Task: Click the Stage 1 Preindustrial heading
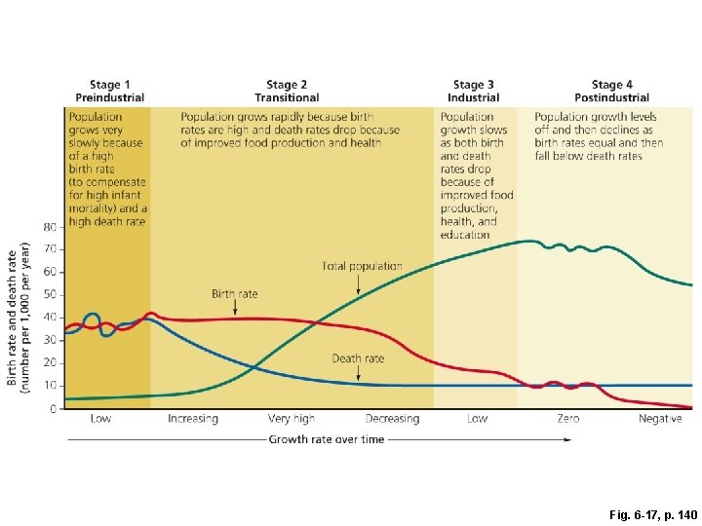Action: point(109,92)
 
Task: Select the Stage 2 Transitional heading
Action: point(287,92)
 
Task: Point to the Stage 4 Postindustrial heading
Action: point(611,92)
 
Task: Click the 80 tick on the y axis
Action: point(50,227)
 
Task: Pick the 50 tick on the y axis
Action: point(50,295)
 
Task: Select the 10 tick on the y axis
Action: point(50,386)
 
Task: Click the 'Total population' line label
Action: point(362,266)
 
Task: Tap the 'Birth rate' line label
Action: point(235,294)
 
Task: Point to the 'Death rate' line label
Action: point(358,358)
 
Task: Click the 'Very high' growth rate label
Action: point(292,419)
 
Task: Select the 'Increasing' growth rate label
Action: point(193,419)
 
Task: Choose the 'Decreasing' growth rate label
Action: point(392,419)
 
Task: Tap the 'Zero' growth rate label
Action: point(568,419)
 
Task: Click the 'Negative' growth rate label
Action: point(660,419)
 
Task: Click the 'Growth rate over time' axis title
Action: point(327,439)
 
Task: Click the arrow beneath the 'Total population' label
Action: point(359,283)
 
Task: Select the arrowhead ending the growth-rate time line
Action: point(567,439)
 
